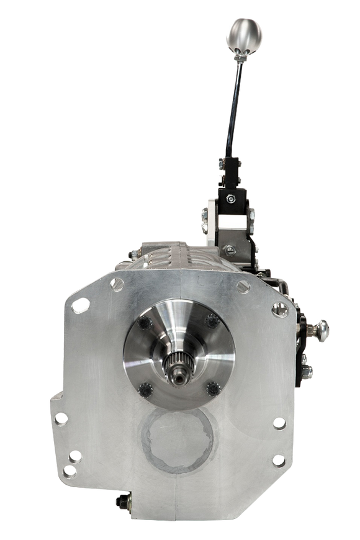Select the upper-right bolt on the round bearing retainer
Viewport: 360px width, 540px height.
click(x=212, y=321)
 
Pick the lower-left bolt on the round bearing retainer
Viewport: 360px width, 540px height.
click(x=145, y=389)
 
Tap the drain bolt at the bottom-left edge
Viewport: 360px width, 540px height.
click(x=122, y=502)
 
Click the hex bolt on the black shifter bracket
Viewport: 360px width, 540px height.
click(x=230, y=199)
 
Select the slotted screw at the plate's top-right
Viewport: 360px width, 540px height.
click(x=243, y=286)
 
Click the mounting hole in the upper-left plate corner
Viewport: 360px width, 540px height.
click(x=78, y=305)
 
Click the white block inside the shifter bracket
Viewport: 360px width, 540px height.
click(x=228, y=220)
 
